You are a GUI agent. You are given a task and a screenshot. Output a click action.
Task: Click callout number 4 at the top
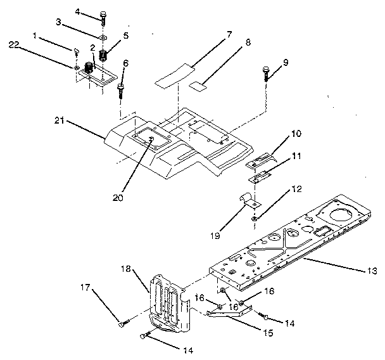tap(77, 11)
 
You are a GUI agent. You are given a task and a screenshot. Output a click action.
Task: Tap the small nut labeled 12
tap(255, 219)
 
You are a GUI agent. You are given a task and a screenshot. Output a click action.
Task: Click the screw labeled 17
tap(120, 325)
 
